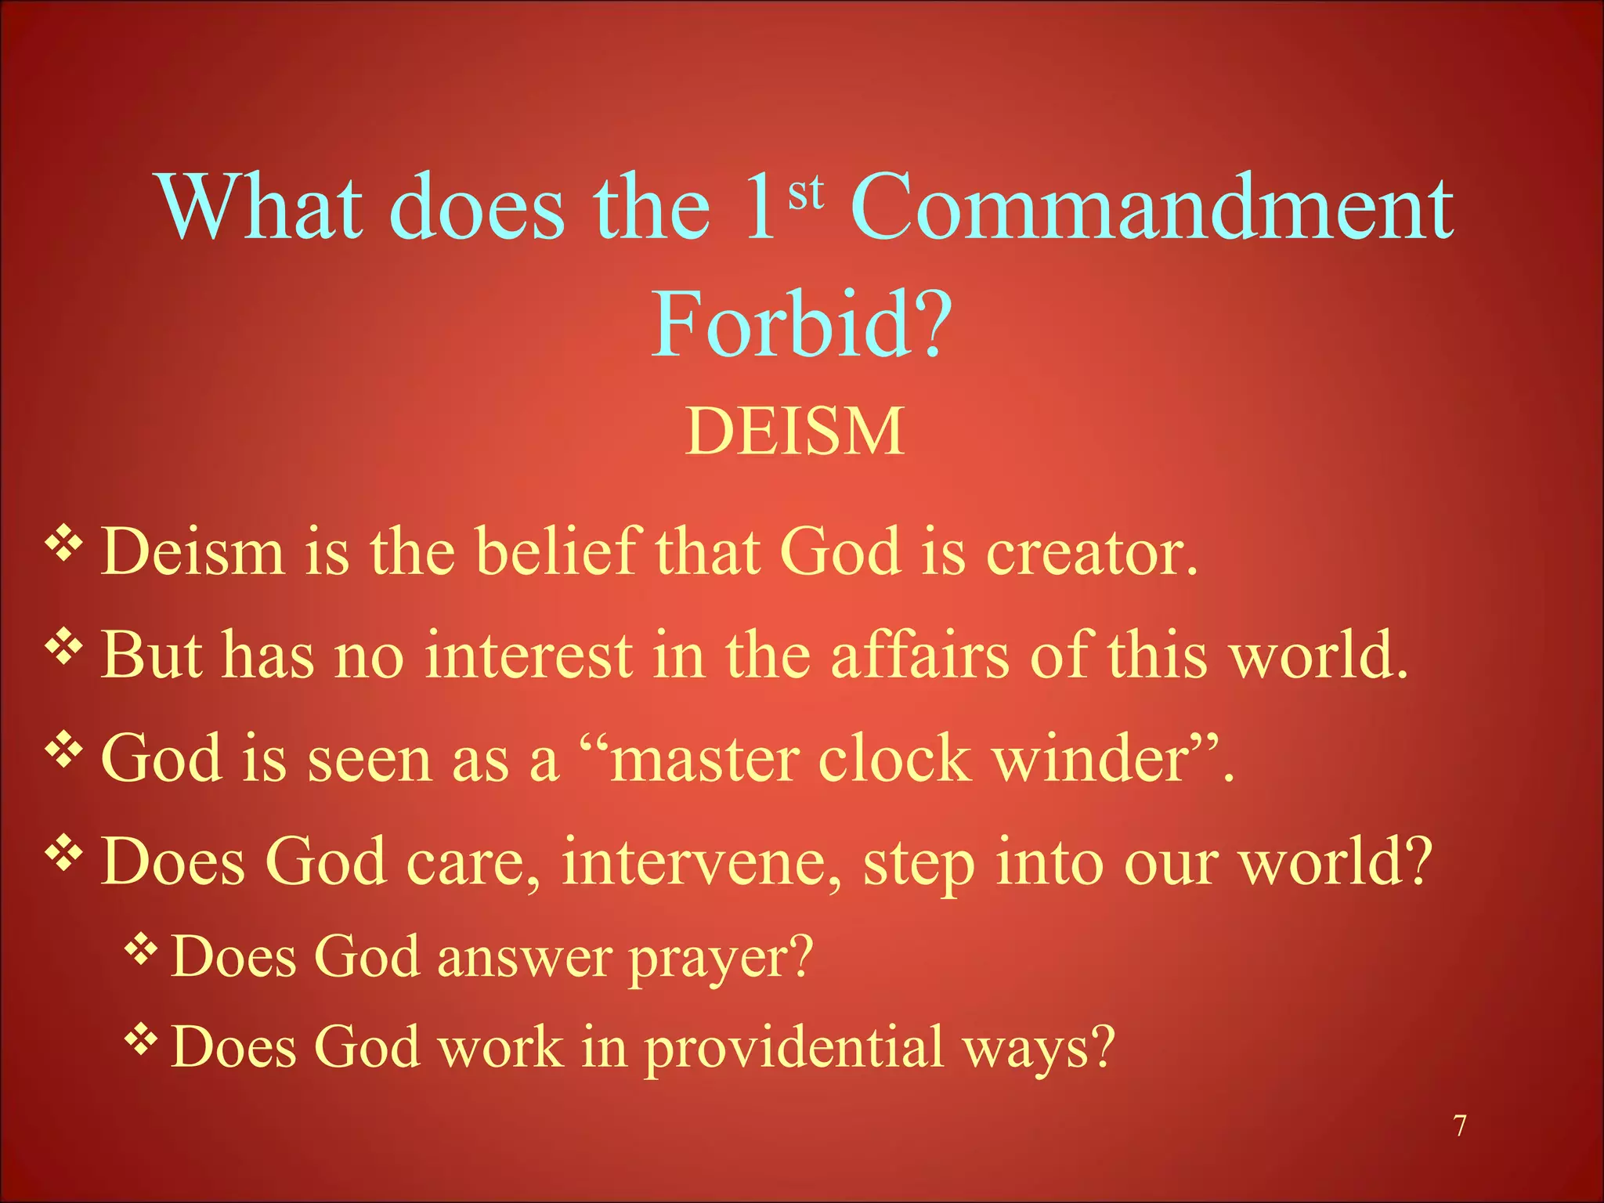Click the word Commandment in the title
click(1151, 208)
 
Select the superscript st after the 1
click(806, 193)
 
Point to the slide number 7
click(1460, 1126)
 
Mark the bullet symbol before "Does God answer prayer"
click(141, 950)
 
